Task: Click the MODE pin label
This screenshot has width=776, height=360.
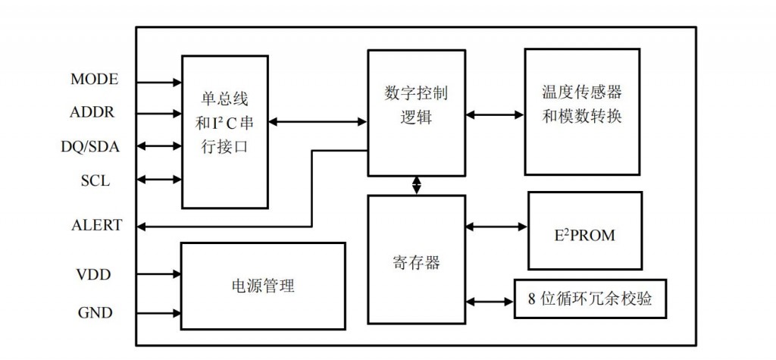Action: click(x=94, y=80)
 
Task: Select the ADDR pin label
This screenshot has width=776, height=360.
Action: click(x=92, y=113)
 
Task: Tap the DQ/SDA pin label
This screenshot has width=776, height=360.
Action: click(x=89, y=146)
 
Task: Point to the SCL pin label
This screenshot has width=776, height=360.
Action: click(x=95, y=180)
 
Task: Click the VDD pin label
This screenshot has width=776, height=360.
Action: click(x=93, y=274)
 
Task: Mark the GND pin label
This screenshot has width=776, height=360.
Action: click(x=95, y=312)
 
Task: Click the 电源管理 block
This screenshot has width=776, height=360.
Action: click(x=262, y=286)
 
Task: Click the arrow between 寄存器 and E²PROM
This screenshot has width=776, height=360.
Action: click(x=496, y=226)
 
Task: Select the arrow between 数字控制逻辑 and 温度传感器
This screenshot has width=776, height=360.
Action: click(x=495, y=115)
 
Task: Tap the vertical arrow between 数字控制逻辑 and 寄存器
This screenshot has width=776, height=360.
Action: click(x=416, y=185)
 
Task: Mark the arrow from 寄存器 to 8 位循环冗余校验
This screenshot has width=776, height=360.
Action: click(x=490, y=301)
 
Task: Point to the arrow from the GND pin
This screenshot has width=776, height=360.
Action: click(x=157, y=312)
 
